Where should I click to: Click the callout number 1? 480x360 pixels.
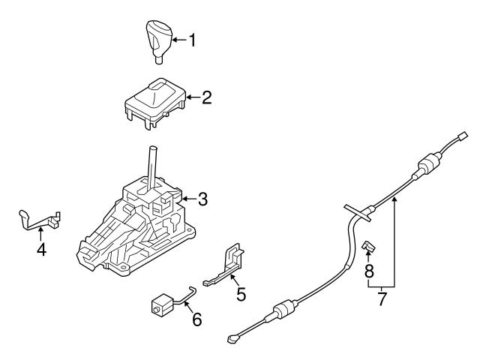[x=191, y=39]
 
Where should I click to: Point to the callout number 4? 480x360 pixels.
[x=42, y=249]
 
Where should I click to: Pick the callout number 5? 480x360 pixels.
[x=241, y=294]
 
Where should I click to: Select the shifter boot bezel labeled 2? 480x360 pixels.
[x=154, y=100]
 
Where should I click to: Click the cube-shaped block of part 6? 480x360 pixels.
[x=162, y=306]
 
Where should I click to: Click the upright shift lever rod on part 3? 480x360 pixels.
[x=152, y=166]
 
